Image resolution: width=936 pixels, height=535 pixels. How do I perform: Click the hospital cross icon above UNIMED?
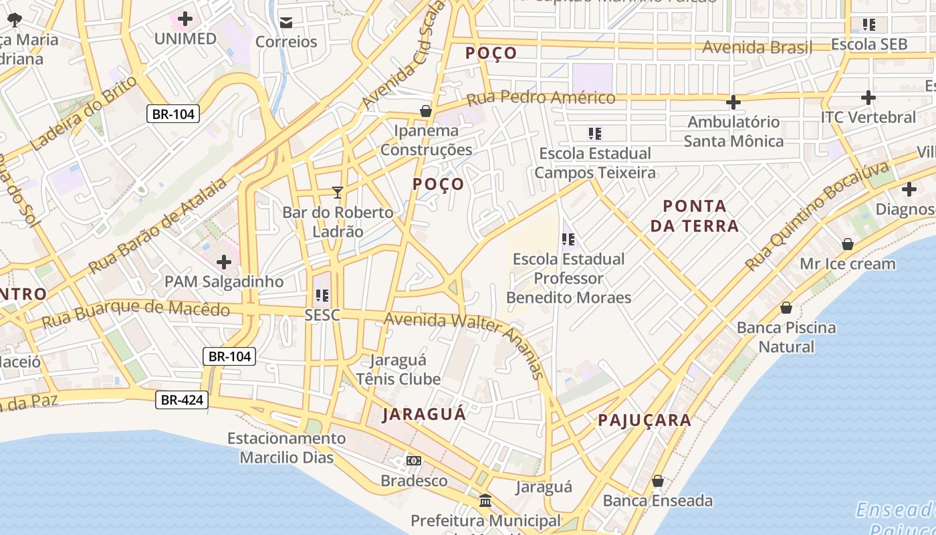coord(185,19)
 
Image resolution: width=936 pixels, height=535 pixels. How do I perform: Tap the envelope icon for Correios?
coord(286,23)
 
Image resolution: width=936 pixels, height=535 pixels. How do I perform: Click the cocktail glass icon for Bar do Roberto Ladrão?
coord(338,193)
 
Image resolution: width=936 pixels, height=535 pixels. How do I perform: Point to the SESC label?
coord(322,315)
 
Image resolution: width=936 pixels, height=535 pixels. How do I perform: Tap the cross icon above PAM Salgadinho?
coord(224,262)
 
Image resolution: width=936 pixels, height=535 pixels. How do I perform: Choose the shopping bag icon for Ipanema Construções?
coord(426,111)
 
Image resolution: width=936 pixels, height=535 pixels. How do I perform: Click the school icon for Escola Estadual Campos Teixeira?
coord(595,134)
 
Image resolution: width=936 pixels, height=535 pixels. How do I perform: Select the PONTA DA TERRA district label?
coord(695,216)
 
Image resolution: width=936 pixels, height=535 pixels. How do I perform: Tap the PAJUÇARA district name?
coord(645,420)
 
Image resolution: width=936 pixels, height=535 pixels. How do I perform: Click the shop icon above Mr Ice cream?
coord(848,244)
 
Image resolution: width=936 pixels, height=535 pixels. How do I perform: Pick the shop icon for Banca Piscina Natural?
coord(786,308)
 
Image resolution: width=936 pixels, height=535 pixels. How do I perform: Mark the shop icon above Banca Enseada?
coord(658,481)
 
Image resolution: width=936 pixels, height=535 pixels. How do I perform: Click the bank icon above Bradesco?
coord(414,461)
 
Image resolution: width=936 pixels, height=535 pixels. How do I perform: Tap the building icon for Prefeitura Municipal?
coord(485,500)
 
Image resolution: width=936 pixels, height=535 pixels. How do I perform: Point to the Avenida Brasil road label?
coord(757,47)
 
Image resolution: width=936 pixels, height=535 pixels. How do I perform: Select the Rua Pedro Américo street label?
coord(540,98)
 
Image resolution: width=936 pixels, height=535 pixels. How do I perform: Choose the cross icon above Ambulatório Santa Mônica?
coord(733,102)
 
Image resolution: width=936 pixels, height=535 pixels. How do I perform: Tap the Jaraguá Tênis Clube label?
coord(398,370)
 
